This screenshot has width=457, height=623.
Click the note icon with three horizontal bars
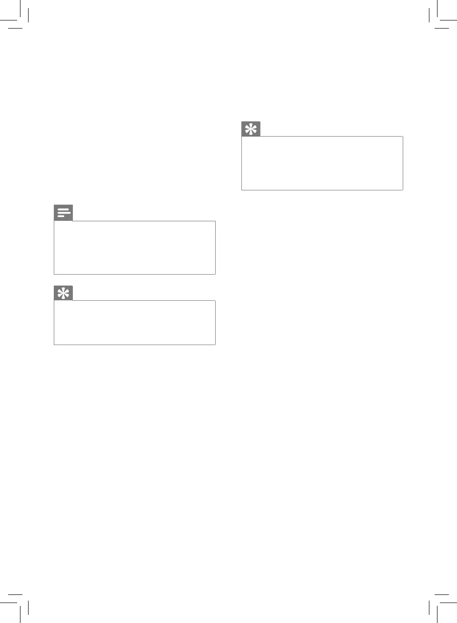(x=63, y=213)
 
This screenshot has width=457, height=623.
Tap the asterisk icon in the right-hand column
(x=251, y=129)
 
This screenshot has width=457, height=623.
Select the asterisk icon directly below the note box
(x=63, y=293)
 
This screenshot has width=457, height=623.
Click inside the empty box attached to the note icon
(x=135, y=247)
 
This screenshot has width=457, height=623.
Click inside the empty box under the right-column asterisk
(x=322, y=163)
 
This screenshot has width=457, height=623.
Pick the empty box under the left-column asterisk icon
(x=135, y=323)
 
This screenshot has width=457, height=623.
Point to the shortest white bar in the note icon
(x=61, y=216)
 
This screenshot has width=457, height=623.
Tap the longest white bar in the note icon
(x=64, y=213)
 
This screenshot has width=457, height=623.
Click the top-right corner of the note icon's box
(x=215, y=221)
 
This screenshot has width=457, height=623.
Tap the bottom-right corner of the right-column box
(x=403, y=190)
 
